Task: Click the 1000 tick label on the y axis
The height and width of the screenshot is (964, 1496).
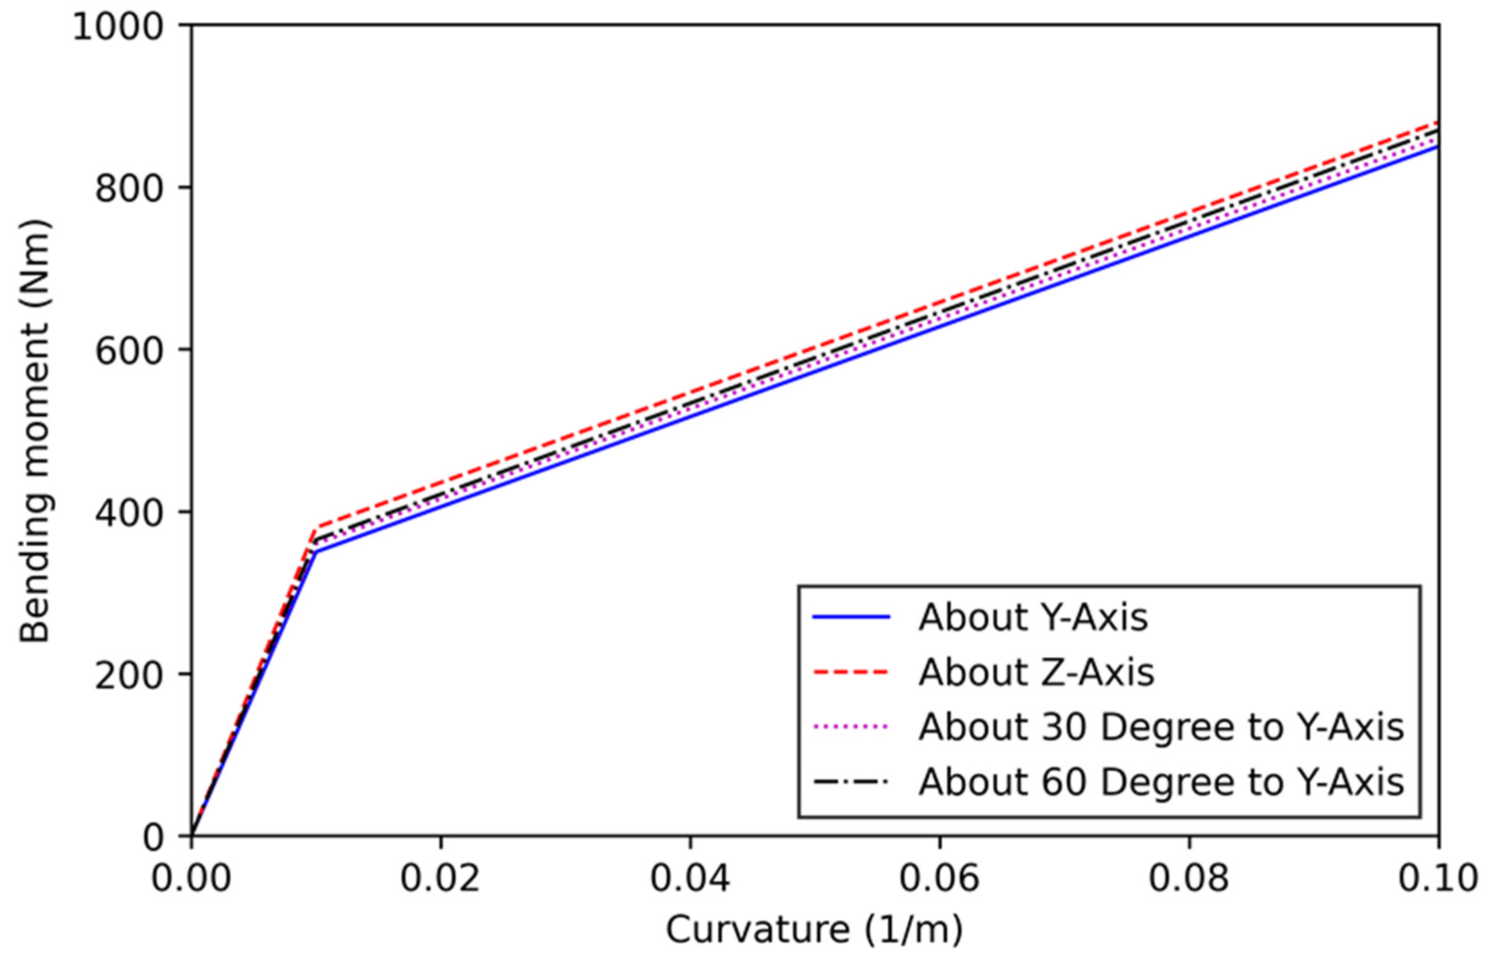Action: [118, 28]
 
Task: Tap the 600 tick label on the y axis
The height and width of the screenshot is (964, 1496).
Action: [129, 351]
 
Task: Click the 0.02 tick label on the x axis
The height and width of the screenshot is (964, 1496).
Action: [440, 878]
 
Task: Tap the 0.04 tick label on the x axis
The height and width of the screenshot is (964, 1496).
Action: [690, 878]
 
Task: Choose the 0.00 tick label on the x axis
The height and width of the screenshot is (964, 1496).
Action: [191, 878]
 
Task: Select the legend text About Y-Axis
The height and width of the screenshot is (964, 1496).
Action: [1033, 618]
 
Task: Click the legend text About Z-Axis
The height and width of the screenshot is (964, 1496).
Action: [1036, 673]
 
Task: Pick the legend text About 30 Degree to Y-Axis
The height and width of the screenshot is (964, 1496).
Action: [1161, 727]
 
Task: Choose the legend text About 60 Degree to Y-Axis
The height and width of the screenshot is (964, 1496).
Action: [1161, 782]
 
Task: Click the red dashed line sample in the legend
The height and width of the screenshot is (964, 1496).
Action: [851, 673]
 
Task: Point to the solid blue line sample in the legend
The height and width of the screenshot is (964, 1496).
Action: [851, 618]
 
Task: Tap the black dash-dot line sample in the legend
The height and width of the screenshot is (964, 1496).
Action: [851, 782]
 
